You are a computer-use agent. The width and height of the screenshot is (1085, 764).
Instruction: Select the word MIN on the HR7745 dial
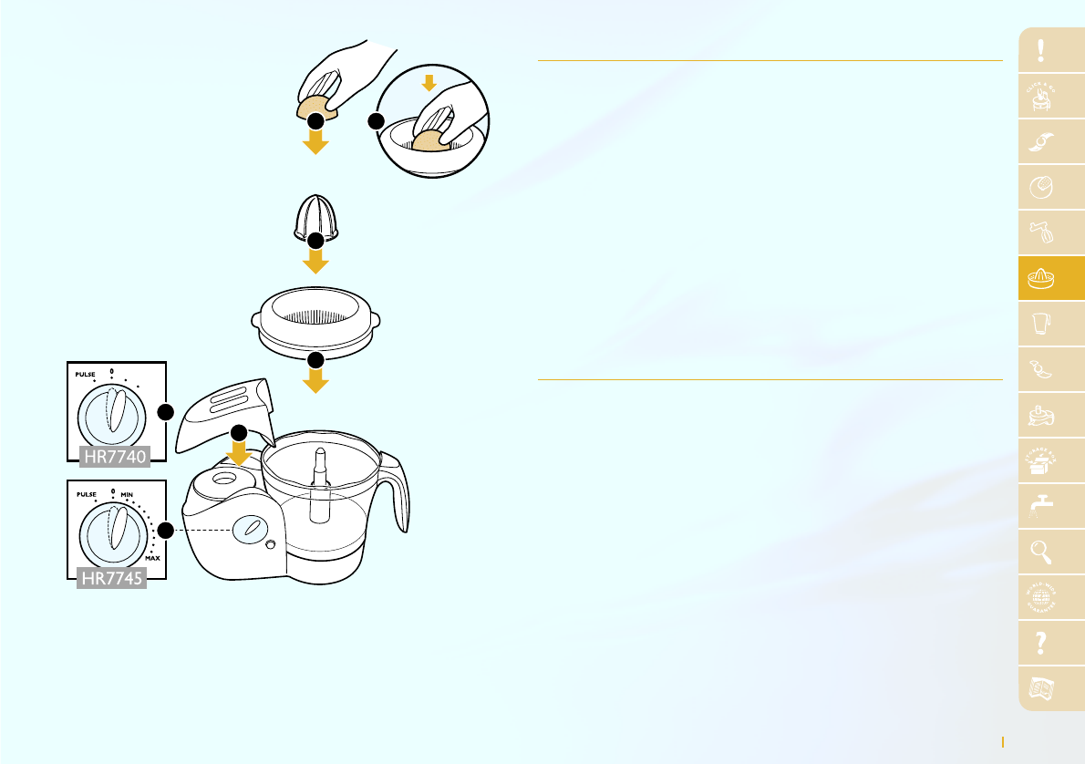point(128,493)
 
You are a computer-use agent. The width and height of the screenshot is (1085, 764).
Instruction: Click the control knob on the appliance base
point(251,530)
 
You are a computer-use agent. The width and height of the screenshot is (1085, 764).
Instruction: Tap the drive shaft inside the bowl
point(319,483)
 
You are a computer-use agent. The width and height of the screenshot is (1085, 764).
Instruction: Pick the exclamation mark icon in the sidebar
point(1041,52)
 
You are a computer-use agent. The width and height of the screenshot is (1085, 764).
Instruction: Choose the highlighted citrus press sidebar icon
point(1041,279)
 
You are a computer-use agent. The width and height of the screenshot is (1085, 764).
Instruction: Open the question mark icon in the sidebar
point(1041,644)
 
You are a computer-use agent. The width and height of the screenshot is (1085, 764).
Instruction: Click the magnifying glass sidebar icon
point(1041,552)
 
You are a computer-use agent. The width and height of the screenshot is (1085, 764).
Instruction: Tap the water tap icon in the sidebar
point(1041,507)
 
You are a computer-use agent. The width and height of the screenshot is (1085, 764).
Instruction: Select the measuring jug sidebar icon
point(1041,325)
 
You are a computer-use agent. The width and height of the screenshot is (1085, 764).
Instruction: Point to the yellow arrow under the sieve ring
point(315,378)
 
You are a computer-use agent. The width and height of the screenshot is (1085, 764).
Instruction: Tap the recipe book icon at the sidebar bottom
point(1041,689)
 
